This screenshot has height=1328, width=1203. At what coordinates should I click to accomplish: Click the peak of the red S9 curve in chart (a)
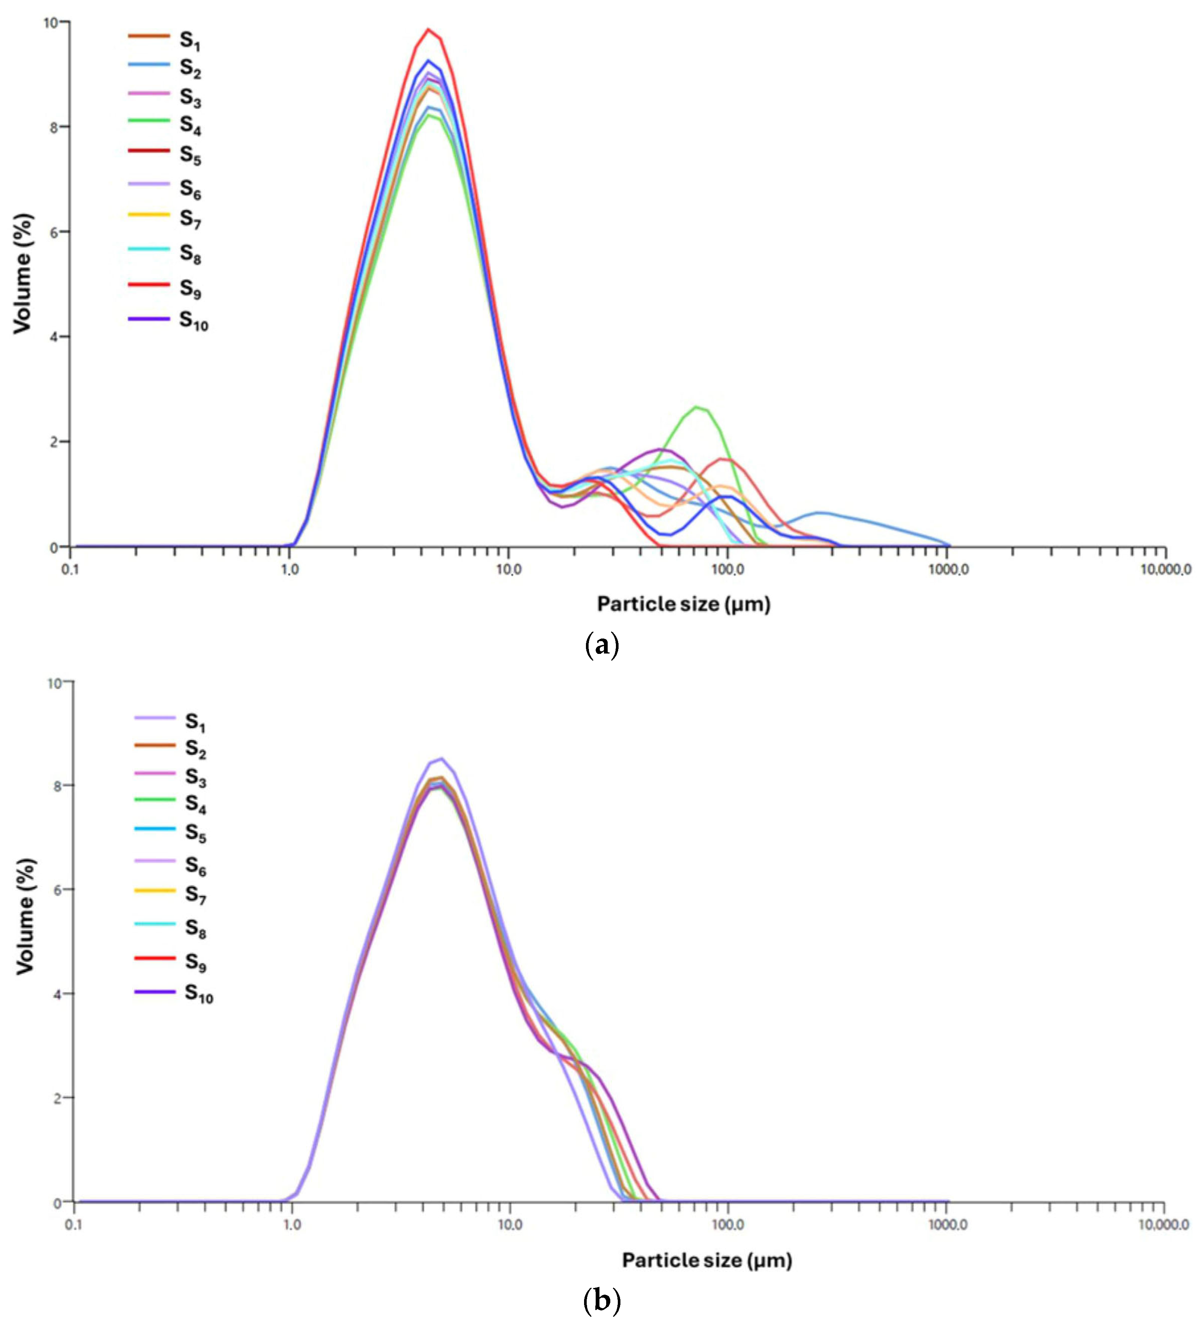(x=429, y=29)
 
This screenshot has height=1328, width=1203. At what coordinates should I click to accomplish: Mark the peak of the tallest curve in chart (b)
(x=441, y=759)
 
